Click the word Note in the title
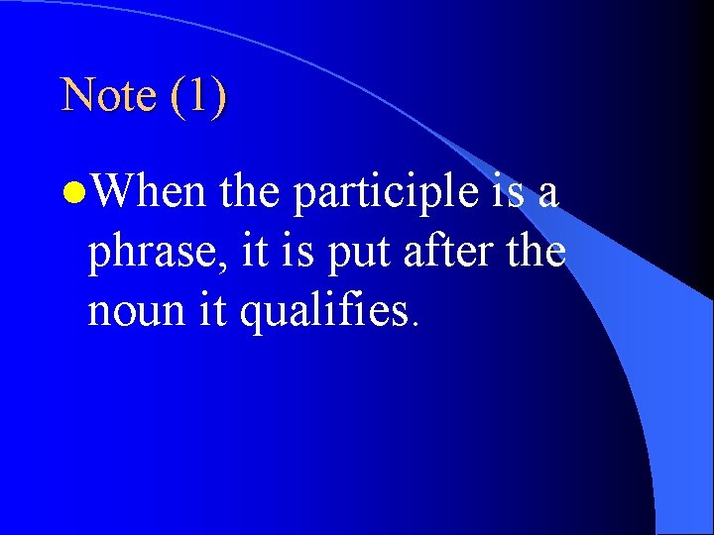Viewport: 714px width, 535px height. point(108,95)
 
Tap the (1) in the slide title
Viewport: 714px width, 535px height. point(198,95)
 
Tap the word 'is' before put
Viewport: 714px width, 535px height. point(288,251)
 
